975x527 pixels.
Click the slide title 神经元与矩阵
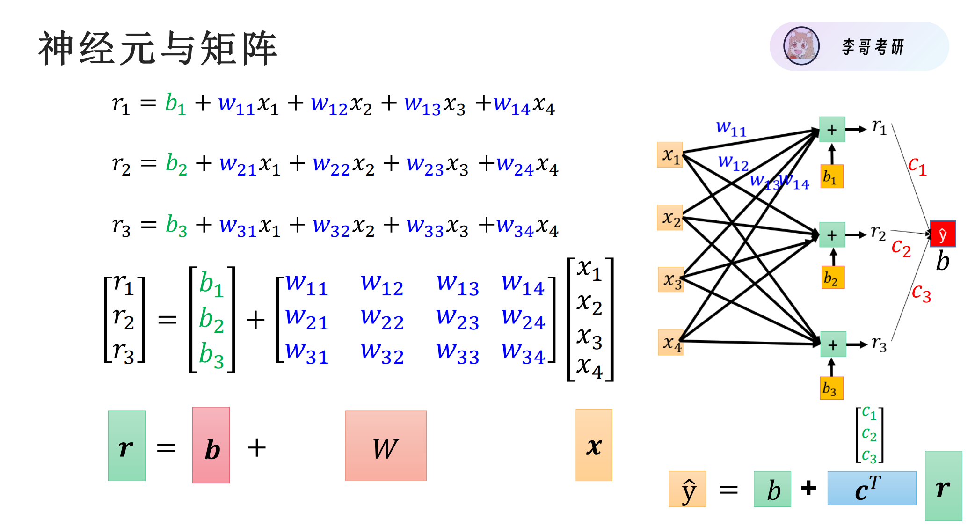pyautogui.click(x=158, y=48)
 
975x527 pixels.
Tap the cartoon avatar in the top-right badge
pyautogui.click(x=801, y=46)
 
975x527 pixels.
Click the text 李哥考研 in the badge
pyautogui.click(x=873, y=47)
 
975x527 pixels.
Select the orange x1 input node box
pyautogui.click(x=670, y=155)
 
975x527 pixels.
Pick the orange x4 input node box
pyautogui.click(x=670, y=343)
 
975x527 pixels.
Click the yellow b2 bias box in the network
pyautogui.click(x=833, y=278)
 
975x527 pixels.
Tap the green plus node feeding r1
pyautogui.click(x=832, y=130)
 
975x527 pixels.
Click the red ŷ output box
pyautogui.click(x=942, y=234)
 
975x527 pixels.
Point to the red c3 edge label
pyautogui.click(x=921, y=293)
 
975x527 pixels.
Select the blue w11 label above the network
pyautogui.click(x=731, y=127)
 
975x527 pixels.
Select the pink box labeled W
pyautogui.click(x=386, y=446)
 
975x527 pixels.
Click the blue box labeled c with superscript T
pyautogui.click(x=871, y=488)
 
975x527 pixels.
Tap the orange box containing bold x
pyautogui.click(x=594, y=445)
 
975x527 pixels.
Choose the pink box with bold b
pyautogui.click(x=211, y=445)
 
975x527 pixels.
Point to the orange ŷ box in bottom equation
pyautogui.click(x=687, y=489)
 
